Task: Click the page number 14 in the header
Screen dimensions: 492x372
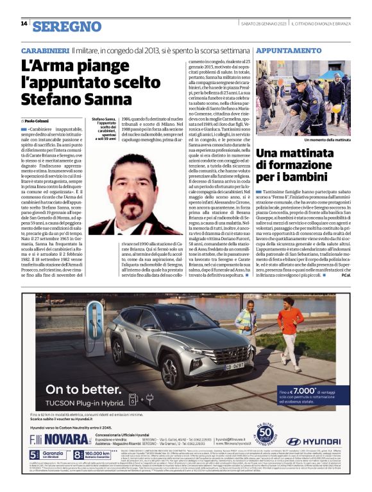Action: pos(23,24)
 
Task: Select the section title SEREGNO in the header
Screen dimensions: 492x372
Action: pos(67,26)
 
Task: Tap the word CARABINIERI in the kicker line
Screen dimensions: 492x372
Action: pos(44,50)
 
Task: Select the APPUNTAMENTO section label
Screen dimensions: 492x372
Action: pos(288,49)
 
